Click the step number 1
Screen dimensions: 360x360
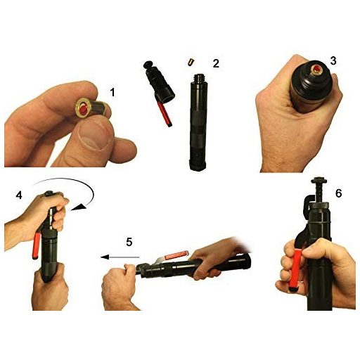coord(112,92)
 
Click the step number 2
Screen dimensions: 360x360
coord(216,63)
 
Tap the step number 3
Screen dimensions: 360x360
coord(333,60)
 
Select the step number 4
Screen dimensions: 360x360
coord(19,195)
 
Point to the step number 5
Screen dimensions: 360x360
coord(129,242)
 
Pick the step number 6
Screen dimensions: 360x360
coord(338,193)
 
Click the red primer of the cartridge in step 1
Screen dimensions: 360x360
coord(84,108)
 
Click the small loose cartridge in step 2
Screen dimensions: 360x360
coord(191,63)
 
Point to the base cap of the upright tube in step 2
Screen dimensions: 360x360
coord(198,165)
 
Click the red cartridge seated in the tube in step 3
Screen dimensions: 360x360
coord(317,69)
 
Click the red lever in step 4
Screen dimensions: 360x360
coord(37,245)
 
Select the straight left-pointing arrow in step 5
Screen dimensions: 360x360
coord(120,257)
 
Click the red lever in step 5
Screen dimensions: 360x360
coord(176,255)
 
